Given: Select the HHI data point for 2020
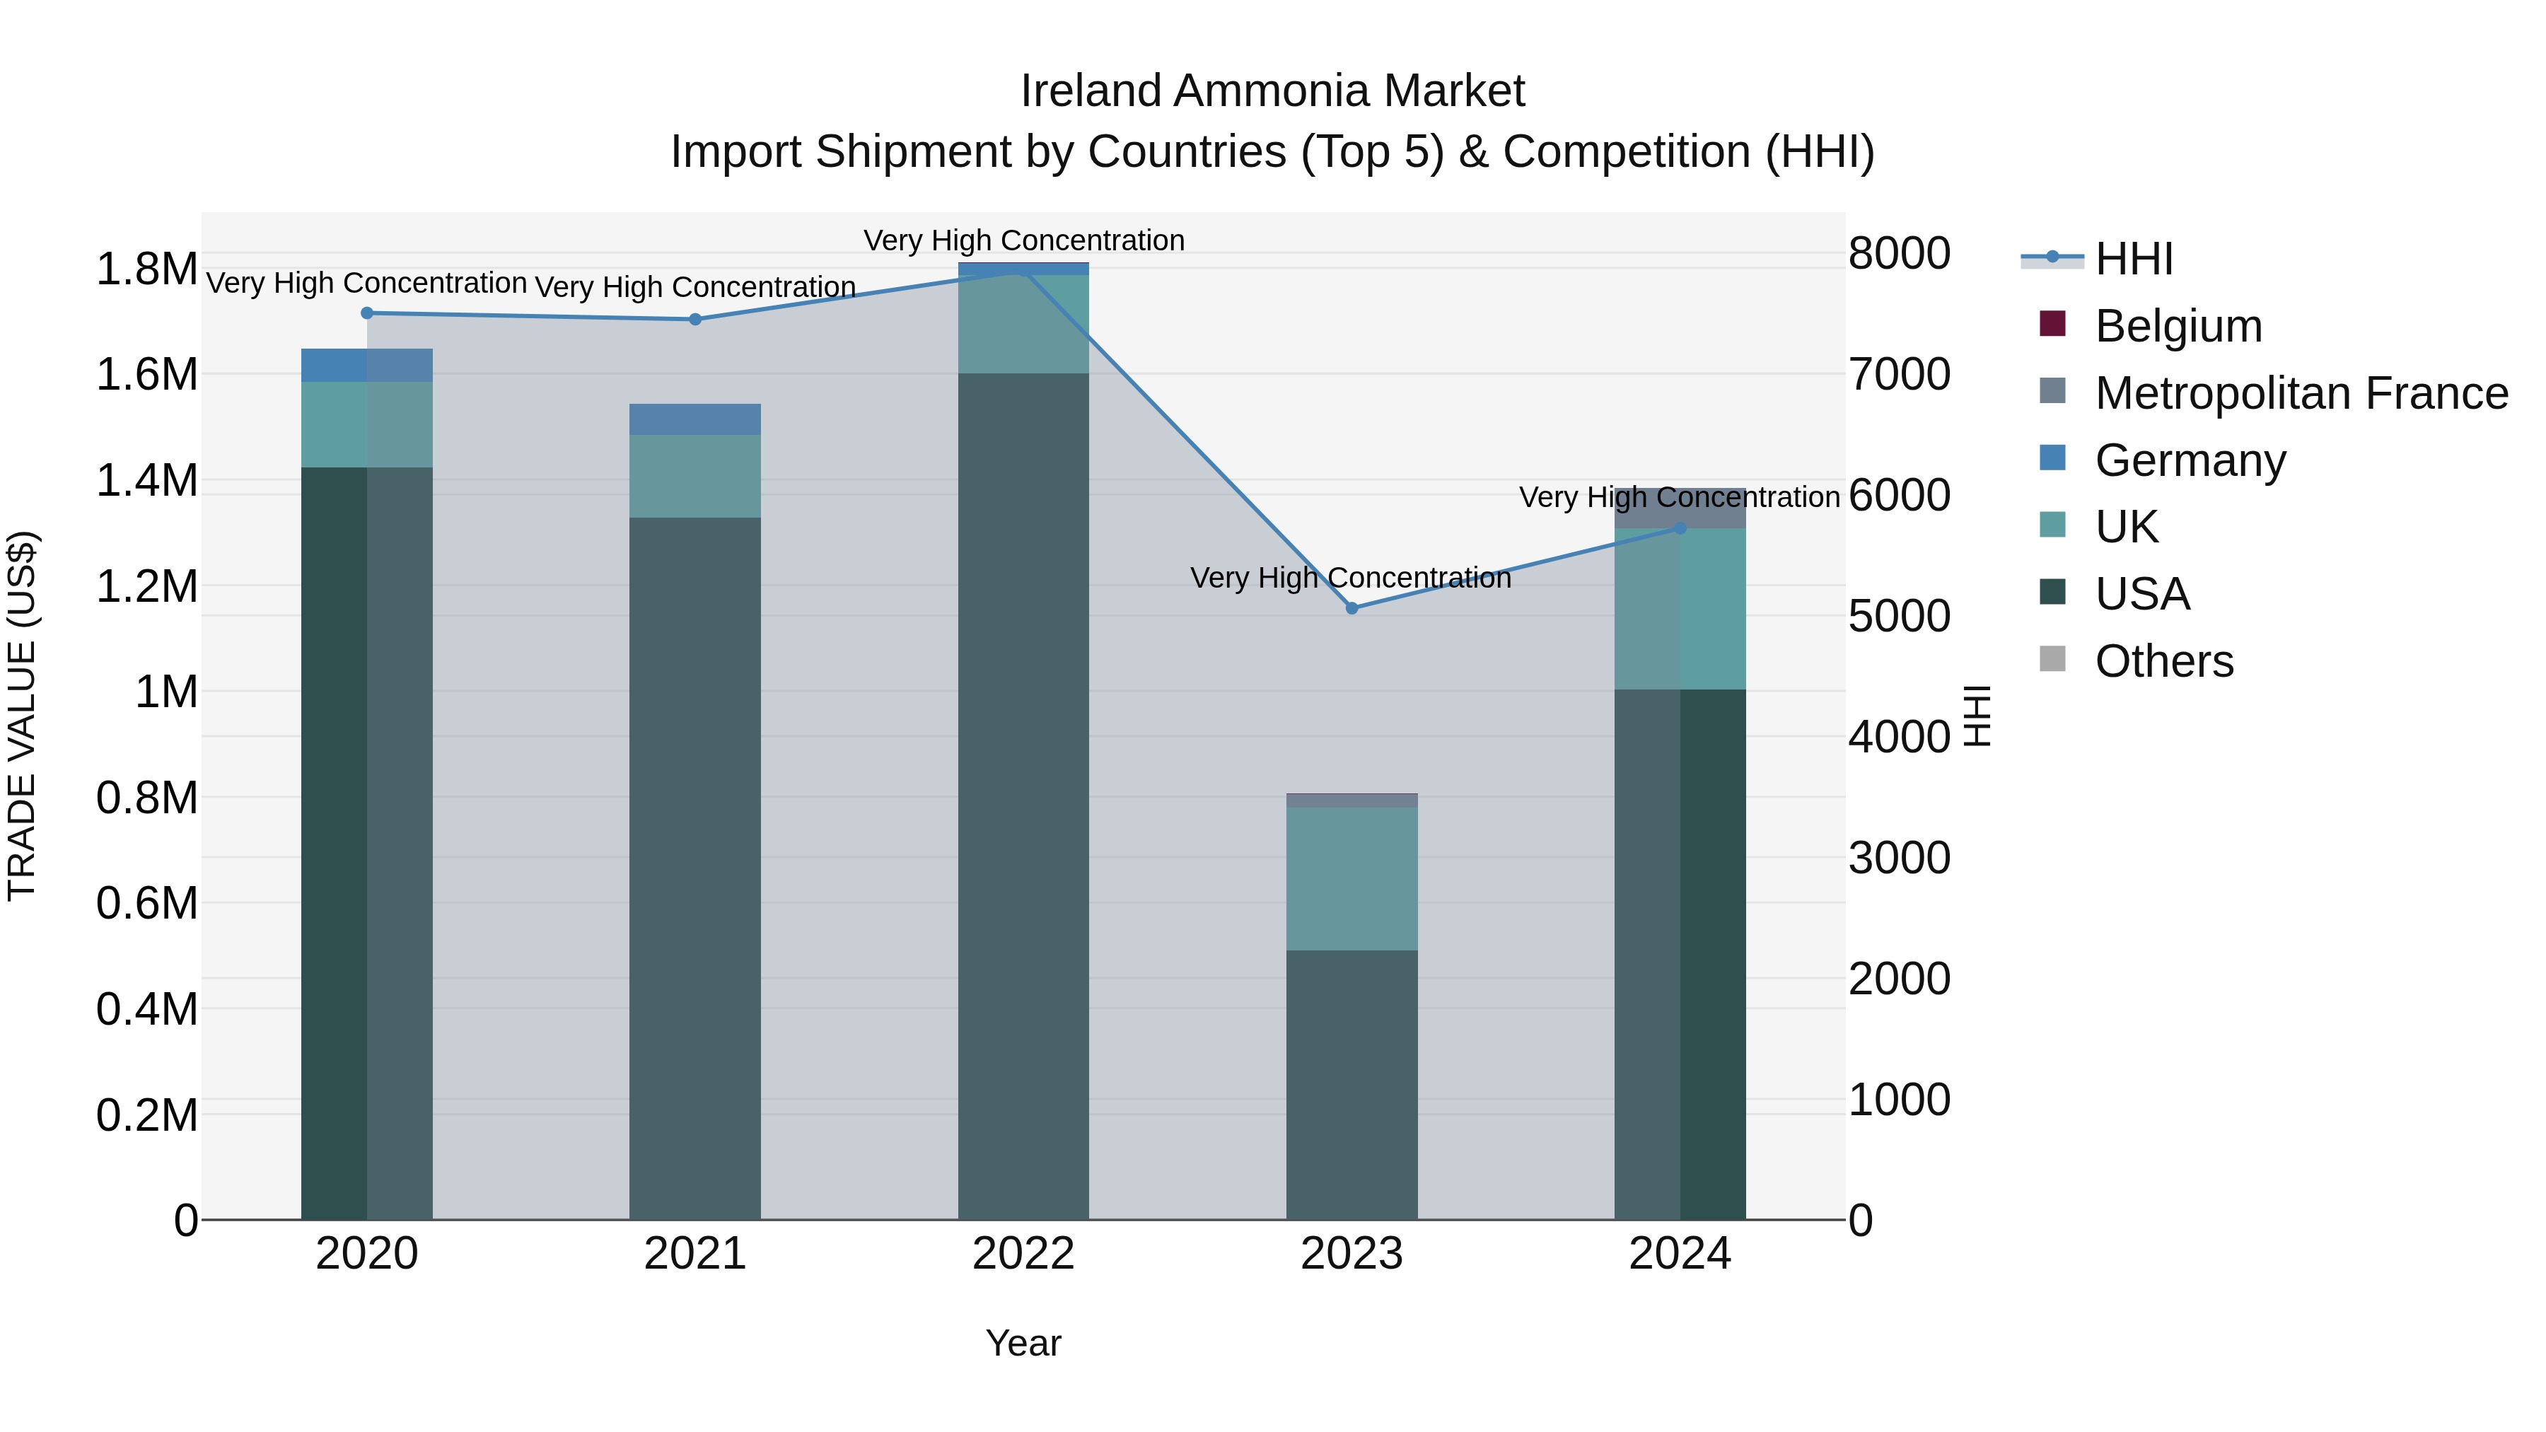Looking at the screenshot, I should pos(366,313).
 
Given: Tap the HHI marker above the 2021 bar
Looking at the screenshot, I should pos(694,319).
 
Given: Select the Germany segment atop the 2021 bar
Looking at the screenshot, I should pos(694,419).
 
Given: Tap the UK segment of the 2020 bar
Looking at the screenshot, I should pos(366,424).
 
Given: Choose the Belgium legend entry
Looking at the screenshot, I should pos(2178,326).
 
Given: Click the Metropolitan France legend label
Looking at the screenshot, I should pos(2301,393).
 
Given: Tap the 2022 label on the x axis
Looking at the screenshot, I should pos(1023,1254).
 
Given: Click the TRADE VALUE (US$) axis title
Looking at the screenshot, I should pos(22,716).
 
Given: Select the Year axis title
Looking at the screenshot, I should pos(1023,1343).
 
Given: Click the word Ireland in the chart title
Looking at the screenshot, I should pos(1091,91).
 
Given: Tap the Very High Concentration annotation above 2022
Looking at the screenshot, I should pos(1023,240).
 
